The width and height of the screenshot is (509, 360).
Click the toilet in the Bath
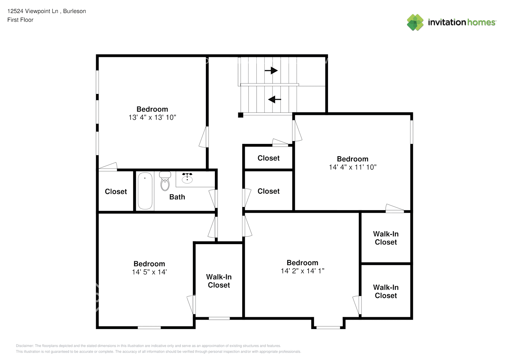pyautogui.click(x=165, y=181)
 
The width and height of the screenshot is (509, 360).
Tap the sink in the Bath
pyautogui.click(x=187, y=178)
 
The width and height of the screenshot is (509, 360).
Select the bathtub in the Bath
pyautogui.click(x=145, y=191)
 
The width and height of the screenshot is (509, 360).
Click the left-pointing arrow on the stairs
pyautogui.click(x=275, y=99)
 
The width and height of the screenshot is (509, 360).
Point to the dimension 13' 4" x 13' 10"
pyautogui.click(x=152, y=117)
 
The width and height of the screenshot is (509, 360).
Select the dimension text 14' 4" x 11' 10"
pyautogui.click(x=352, y=167)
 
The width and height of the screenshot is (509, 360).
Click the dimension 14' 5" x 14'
pyautogui.click(x=149, y=272)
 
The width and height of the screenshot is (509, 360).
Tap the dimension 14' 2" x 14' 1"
pyautogui.click(x=302, y=271)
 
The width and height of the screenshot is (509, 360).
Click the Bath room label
pyautogui.click(x=177, y=197)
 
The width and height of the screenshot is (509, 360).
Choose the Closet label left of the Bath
pyautogui.click(x=116, y=192)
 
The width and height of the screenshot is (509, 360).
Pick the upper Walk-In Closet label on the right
pyautogui.click(x=386, y=238)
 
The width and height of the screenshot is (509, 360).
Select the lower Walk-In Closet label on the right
pyautogui.click(x=386, y=291)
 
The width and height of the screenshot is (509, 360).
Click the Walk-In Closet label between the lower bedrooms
pyautogui.click(x=219, y=281)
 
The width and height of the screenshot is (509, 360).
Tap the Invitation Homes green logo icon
pyautogui.click(x=415, y=22)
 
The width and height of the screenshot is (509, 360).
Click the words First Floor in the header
pyautogui.click(x=20, y=20)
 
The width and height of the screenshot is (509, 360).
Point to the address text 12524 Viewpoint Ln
pyautogui.click(x=33, y=11)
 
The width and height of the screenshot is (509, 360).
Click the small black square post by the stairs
pyautogui.click(x=240, y=115)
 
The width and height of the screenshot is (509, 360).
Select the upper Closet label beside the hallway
pyautogui.click(x=269, y=158)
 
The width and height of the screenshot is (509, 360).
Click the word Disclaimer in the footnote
pyautogui.click(x=24, y=346)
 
